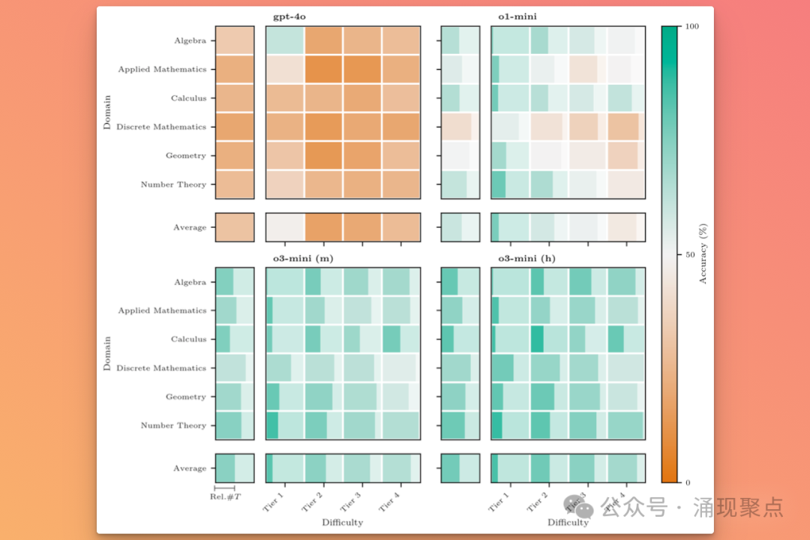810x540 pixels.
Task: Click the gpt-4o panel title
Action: (x=289, y=16)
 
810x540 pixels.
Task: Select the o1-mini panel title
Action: (x=517, y=16)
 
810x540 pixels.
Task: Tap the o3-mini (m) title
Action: (x=303, y=259)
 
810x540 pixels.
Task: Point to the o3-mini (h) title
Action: (x=528, y=259)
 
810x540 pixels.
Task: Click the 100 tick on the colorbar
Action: (x=692, y=26)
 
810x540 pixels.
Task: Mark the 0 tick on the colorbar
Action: (x=688, y=482)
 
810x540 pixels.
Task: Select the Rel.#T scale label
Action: (x=225, y=496)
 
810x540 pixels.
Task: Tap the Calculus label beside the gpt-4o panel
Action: (x=188, y=98)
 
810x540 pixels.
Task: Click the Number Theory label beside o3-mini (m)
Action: (x=173, y=425)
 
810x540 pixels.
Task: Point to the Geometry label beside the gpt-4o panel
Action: (x=186, y=156)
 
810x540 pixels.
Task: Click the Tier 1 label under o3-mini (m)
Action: (x=274, y=501)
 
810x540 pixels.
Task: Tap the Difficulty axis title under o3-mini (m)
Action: (x=342, y=522)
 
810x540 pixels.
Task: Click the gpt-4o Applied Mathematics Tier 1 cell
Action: (x=285, y=70)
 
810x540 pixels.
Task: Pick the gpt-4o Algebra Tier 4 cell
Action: (x=400, y=40)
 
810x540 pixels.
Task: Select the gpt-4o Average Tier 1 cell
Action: (x=285, y=227)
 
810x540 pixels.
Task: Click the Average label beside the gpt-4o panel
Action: (x=190, y=227)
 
